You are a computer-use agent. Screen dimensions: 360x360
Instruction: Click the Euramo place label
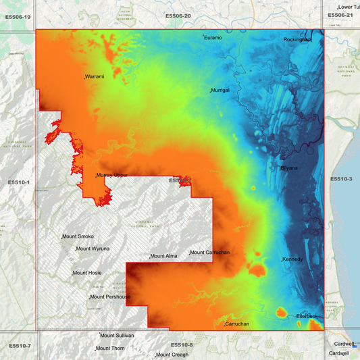213,38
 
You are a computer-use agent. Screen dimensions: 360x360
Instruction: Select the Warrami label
95,77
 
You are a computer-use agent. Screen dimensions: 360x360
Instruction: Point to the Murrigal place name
221,90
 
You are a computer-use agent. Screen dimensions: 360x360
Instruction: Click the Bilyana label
289,168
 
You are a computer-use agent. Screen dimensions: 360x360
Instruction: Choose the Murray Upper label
112,175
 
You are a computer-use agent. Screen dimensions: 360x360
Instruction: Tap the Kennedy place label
293,259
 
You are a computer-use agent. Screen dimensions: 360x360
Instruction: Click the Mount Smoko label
78,236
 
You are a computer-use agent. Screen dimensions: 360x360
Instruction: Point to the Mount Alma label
163,256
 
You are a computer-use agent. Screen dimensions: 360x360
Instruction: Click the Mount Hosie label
87,273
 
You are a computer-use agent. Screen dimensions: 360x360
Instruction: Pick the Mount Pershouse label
110,297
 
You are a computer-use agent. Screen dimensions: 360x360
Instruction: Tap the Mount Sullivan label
118,335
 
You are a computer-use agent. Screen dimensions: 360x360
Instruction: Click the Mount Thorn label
110,349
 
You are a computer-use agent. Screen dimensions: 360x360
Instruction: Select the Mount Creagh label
172,355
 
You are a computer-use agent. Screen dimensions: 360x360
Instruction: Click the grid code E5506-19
18,16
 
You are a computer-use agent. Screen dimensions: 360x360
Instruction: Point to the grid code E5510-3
342,179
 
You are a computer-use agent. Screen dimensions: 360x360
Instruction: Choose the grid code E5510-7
20,346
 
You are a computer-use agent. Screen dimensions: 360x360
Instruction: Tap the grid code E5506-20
178,16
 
